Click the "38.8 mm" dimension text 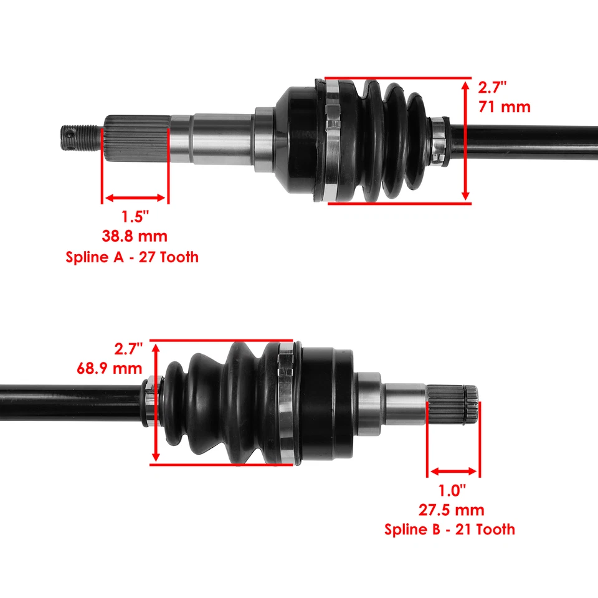tap(135, 236)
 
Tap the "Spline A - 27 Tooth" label tap(132, 256)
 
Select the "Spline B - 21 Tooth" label tap(450, 529)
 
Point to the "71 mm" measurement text tap(505, 107)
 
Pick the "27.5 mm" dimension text tap(452, 510)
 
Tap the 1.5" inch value tap(135, 217)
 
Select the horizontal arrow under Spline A tap(135, 198)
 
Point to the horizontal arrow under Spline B tap(453, 472)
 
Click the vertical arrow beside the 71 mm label tap(465, 140)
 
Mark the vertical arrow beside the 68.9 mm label tap(155, 402)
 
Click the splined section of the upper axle tap(136, 138)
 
